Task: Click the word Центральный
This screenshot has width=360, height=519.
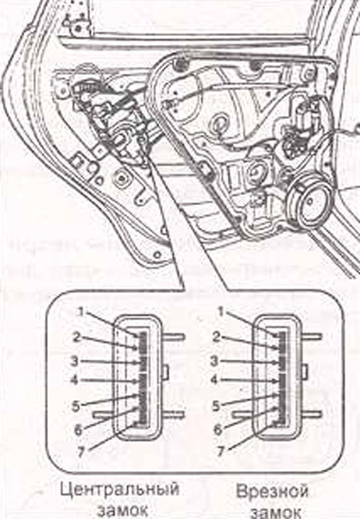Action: pos(119,490)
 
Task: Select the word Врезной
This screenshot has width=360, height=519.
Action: pos(272,490)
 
